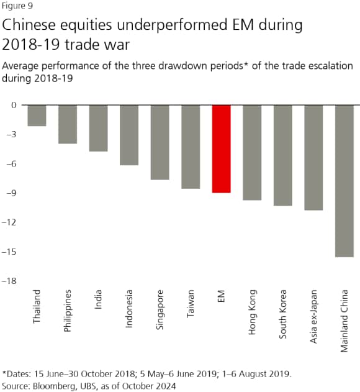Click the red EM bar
(222, 149)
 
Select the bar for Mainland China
(344, 181)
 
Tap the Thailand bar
(37, 116)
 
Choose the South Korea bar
(283, 155)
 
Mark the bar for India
(99, 128)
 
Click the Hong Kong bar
(252, 153)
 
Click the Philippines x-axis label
(68, 311)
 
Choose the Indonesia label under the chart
(129, 309)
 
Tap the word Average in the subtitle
(21, 66)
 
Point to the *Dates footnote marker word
(16, 375)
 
